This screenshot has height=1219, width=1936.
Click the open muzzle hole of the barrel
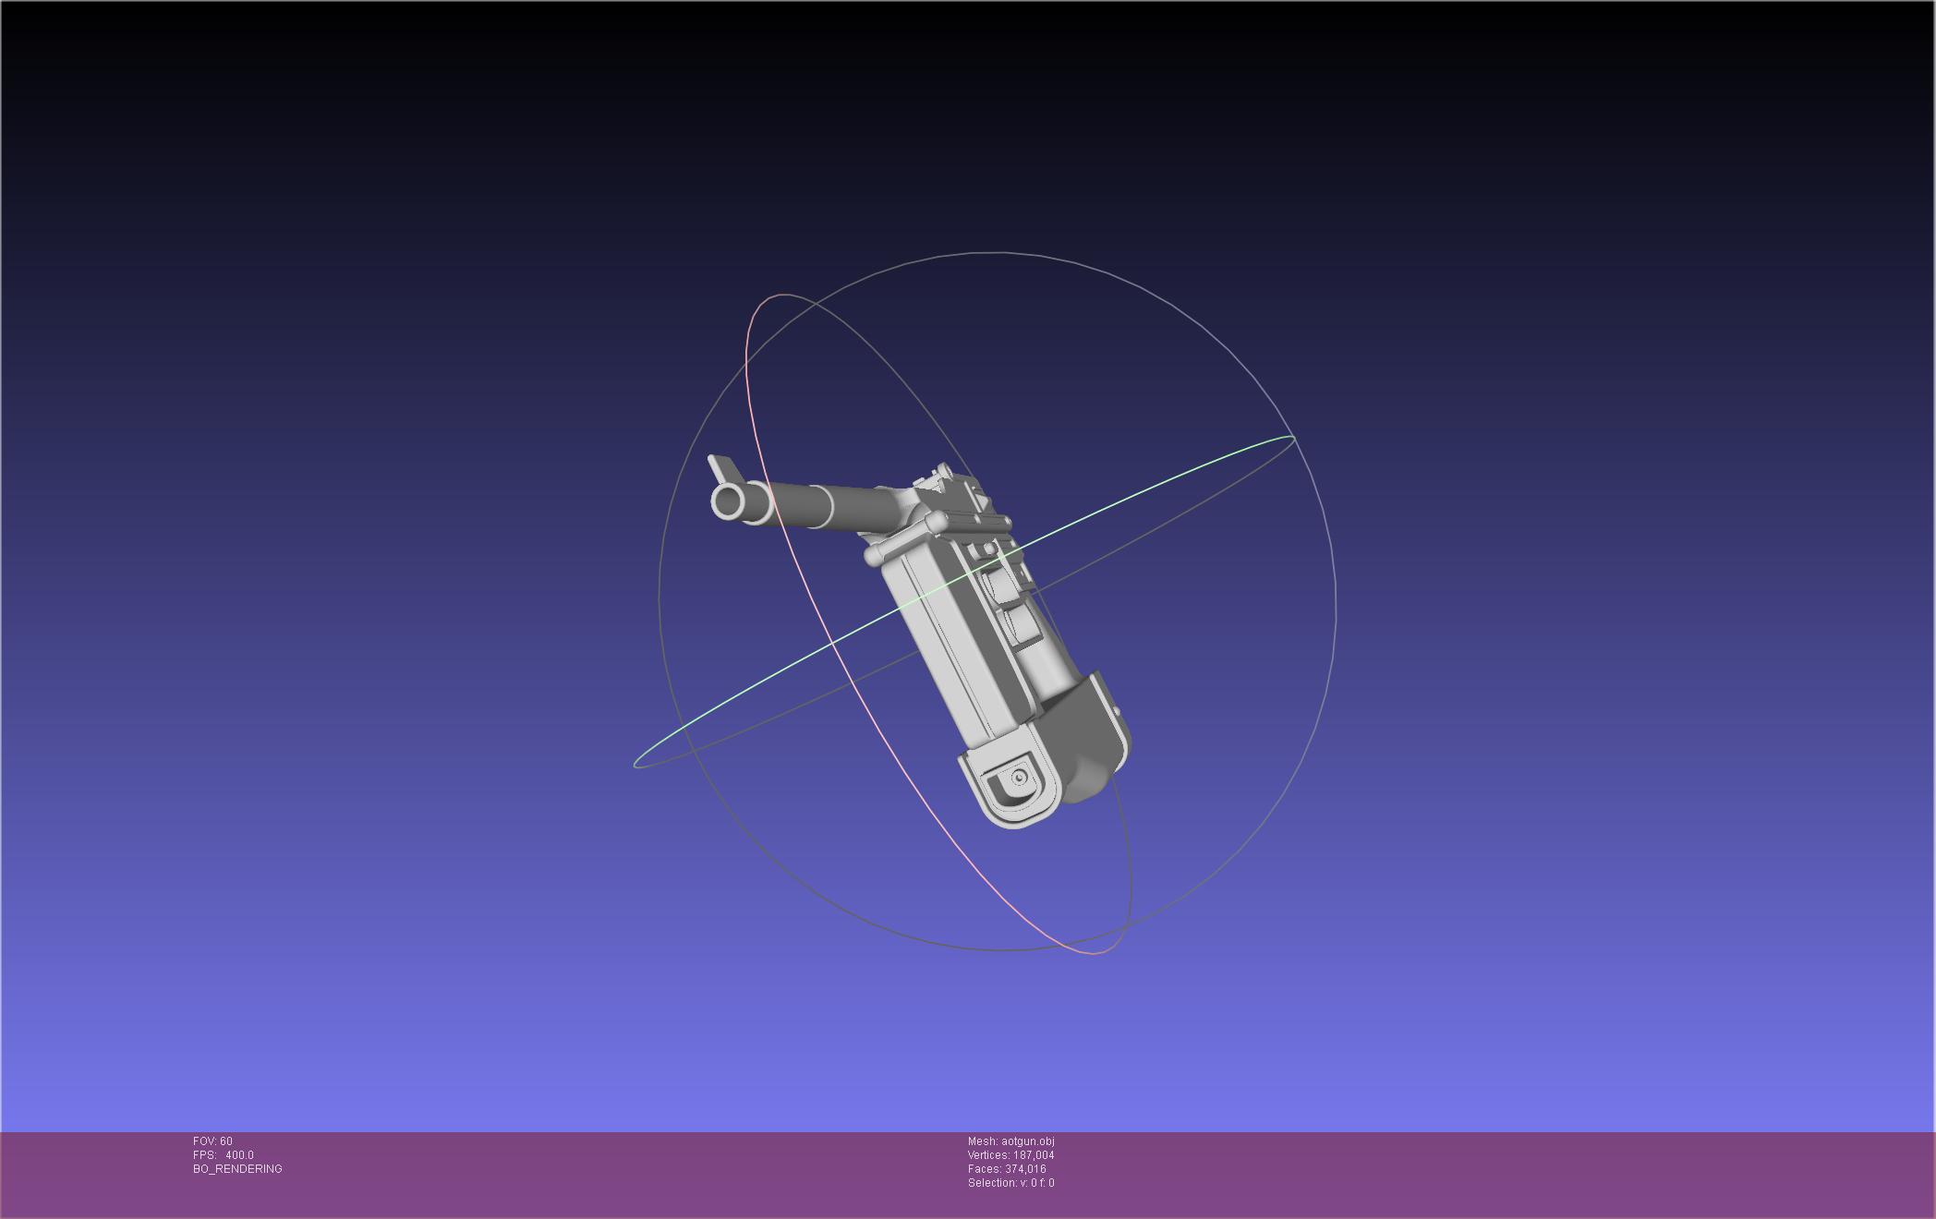tap(730, 503)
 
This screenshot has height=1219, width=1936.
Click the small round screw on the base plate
tap(1020, 778)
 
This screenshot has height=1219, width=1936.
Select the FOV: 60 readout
tap(212, 1141)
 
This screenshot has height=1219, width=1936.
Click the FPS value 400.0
tap(239, 1155)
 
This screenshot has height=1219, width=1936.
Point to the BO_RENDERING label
tap(237, 1169)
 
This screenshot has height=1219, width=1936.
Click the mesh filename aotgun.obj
tap(1028, 1141)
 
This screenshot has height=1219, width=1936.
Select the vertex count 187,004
tap(1034, 1155)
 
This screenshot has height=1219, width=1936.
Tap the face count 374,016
tap(1025, 1169)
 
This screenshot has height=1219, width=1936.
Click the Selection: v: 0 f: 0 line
tap(1010, 1183)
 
